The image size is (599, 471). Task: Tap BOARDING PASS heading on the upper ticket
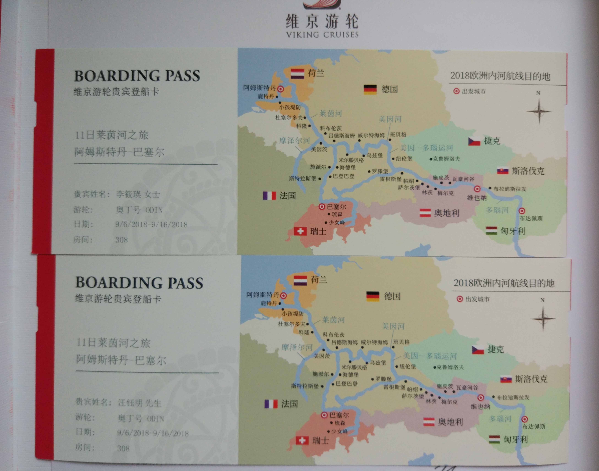[137, 76]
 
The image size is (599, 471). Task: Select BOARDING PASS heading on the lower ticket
[139, 283]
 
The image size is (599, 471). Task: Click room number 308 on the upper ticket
[121, 240]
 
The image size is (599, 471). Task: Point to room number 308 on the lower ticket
[123, 448]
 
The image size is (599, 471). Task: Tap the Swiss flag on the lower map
[302, 440]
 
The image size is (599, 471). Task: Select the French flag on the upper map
[269, 196]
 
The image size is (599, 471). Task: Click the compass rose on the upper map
[539, 111]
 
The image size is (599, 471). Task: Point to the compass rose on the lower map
[543, 318]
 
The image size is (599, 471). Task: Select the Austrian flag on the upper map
[425, 213]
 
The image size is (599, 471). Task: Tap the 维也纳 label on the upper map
[477, 198]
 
